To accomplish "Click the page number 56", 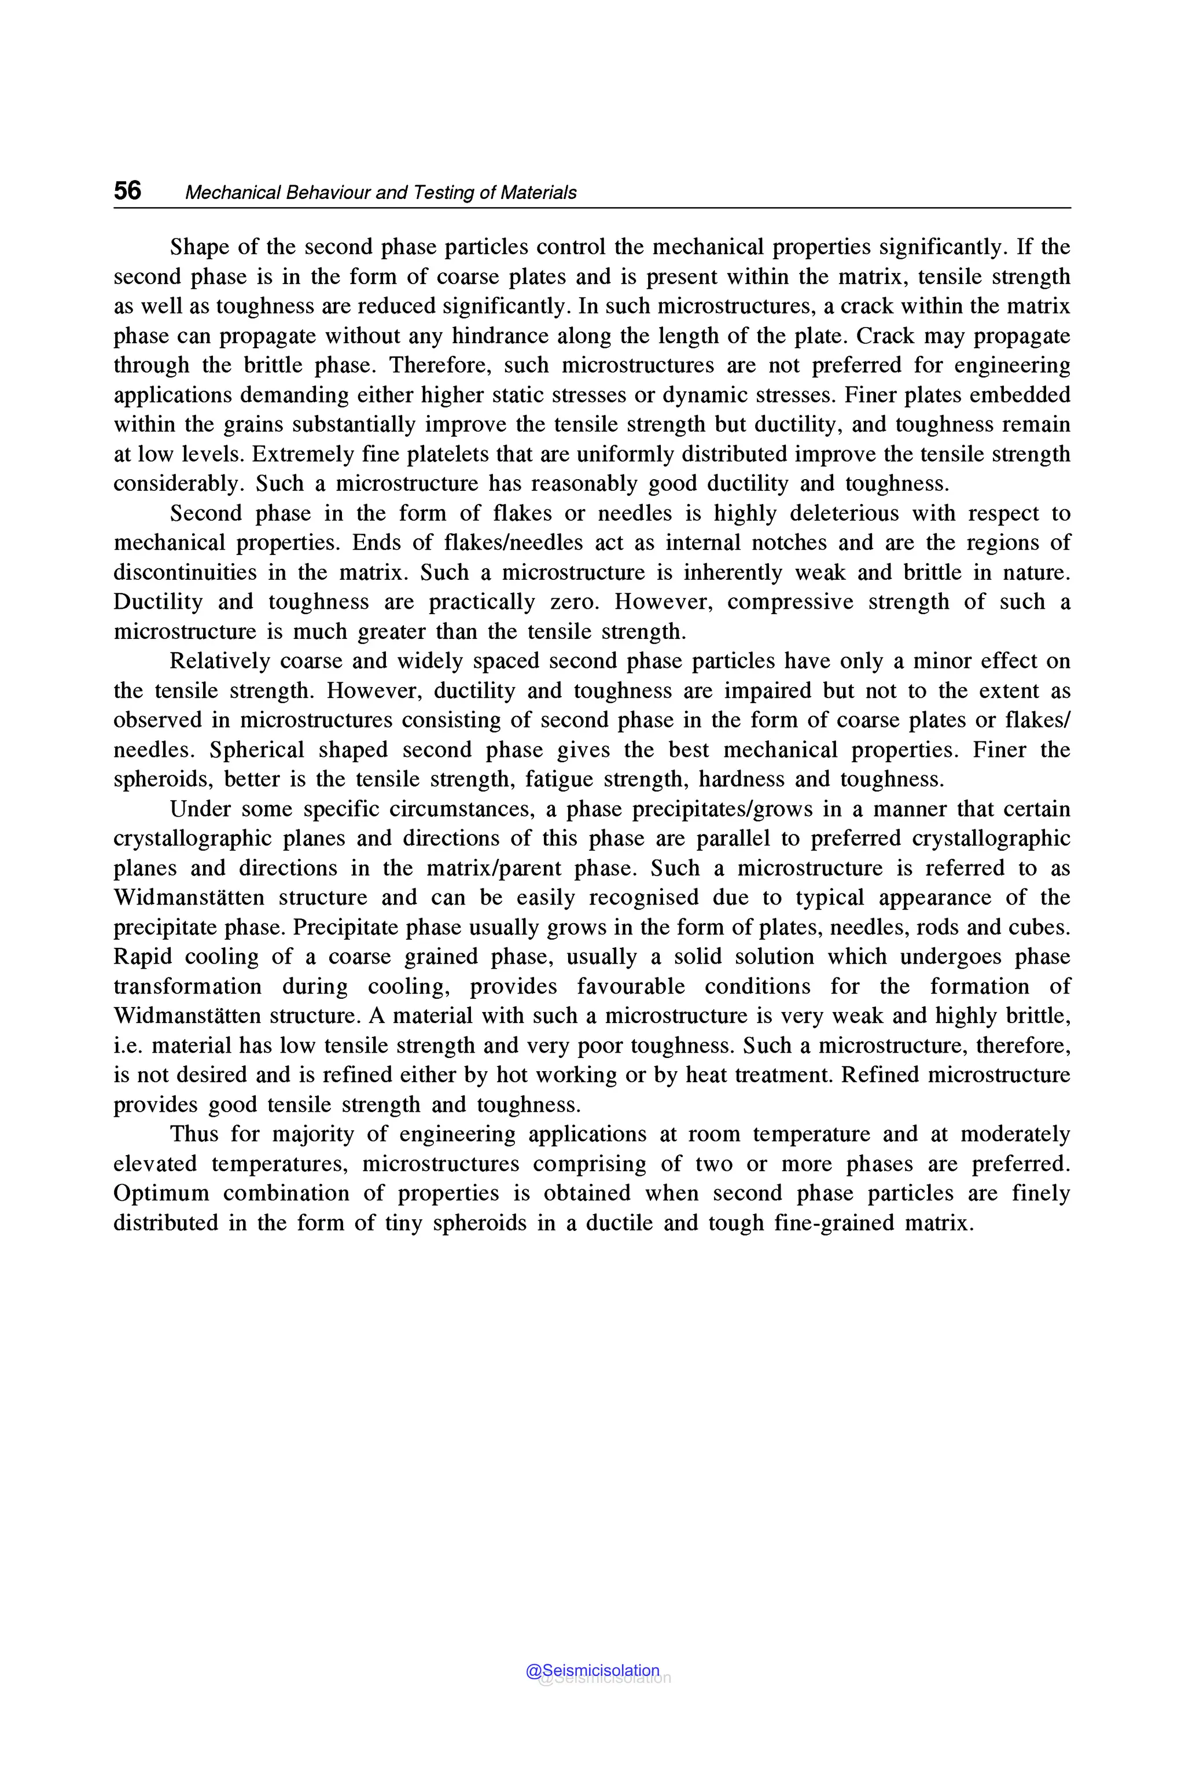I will (127, 190).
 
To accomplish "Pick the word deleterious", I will (844, 513).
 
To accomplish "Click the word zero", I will (576, 602).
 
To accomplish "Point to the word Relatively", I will (219, 661).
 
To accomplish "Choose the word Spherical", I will (257, 750).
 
